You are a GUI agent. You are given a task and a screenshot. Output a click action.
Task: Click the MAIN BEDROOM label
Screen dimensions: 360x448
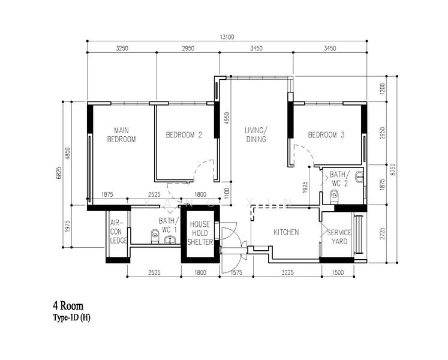[x=122, y=134]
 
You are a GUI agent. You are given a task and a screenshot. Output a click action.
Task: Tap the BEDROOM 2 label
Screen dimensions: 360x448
[x=184, y=136]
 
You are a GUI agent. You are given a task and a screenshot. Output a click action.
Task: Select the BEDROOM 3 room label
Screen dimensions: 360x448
[x=326, y=136]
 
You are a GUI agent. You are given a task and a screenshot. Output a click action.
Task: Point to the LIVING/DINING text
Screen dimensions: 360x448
[x=255, y=134]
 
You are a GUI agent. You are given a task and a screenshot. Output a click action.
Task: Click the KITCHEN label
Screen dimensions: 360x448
[x=286, y=232]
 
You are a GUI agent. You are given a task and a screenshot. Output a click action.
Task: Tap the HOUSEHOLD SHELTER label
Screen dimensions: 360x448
[x=200, y=233]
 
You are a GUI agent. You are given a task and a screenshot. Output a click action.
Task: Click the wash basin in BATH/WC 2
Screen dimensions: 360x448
[x=359, y=176]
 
